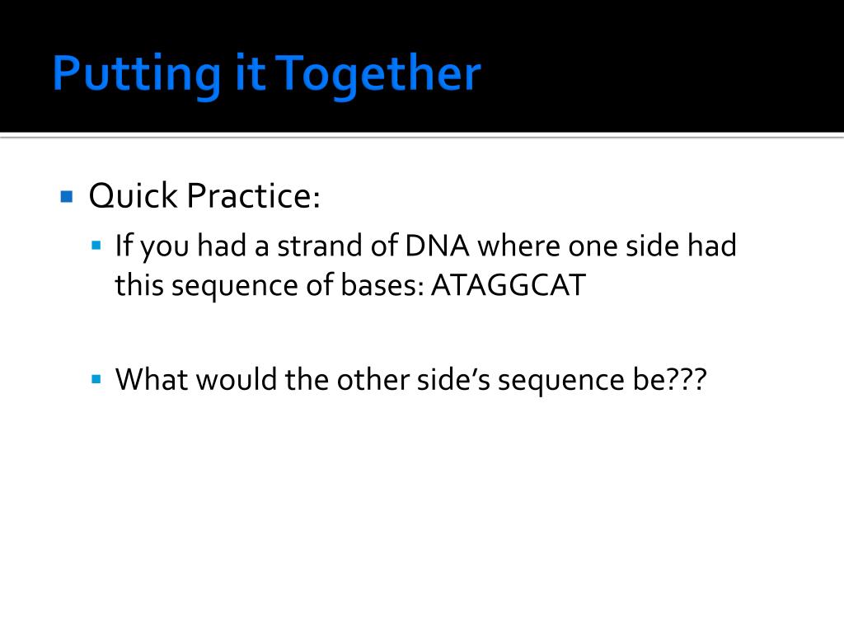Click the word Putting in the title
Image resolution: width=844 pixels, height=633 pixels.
pyautogui.click(x=137, y=75)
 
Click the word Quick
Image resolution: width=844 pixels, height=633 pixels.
pyautogui.click(x=133, y=195)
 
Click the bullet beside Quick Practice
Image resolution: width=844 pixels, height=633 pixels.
pyautogui.click(x=67, y=196)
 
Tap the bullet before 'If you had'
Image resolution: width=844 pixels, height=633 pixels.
pyautogui.click(x=96, y=246)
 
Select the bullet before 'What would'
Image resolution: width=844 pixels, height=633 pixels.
pyautogui.click(x=96, y=379)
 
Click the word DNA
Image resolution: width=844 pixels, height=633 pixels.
pyautogui.click(x=437, y=246)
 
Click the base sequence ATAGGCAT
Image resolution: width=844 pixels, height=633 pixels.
pyautogui.click(x=508, y=285)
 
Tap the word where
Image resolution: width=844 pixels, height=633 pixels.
pyautogui.click(x=519, y=246)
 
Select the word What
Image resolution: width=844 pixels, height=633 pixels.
pyautogui.click(x=152, y=379)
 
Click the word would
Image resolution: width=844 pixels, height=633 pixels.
pyautogui.click(x=237, y=379)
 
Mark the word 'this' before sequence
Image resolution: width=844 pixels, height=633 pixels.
pyautogui.click(x=138, y=285)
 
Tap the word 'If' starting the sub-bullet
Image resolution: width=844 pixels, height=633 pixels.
pyautogui.click(x=124, y=246)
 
